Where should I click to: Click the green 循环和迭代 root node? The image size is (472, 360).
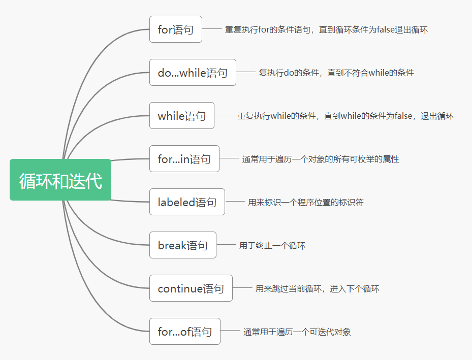60,180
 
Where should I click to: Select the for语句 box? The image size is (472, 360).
176,29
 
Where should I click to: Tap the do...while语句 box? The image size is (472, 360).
193,73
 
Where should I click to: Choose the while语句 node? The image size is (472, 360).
182,116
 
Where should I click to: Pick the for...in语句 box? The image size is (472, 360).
184,159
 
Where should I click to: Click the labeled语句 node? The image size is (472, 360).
187,202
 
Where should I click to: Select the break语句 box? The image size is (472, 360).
183,245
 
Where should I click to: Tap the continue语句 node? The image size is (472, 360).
191,288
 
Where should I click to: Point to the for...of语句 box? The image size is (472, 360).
185,332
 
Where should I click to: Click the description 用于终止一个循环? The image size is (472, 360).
272,246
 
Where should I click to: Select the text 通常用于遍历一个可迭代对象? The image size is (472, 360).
297,332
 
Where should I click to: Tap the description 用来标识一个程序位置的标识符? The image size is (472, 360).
306,203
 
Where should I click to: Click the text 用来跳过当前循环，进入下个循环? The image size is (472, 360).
318,289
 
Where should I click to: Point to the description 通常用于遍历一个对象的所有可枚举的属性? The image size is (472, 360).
321,159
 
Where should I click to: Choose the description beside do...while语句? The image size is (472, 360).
336,73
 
